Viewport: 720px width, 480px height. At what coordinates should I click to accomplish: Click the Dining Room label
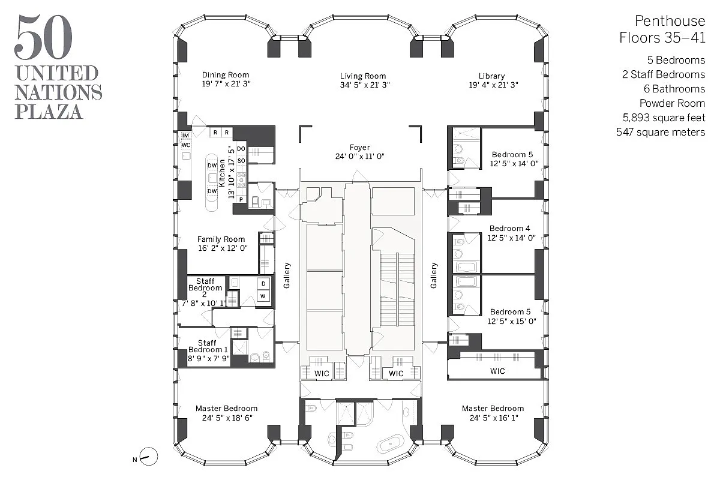click(x=226, y=76)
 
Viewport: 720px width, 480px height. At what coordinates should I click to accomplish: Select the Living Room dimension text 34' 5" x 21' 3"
click(x=363, y=85)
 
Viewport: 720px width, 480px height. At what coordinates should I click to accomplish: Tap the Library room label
click(x=491, y=76)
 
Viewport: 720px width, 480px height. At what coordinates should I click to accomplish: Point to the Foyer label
click(x=360, y=147)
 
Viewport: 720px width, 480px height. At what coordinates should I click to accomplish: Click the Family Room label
click(x=221, y=239)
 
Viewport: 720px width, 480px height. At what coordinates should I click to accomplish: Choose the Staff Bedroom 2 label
click(x=205, y=288)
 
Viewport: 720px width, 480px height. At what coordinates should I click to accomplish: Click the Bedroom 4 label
click(x=509, y=229)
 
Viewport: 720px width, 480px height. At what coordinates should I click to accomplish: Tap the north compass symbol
click(x=149, y=457)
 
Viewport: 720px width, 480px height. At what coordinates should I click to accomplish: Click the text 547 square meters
click(x=661, y=132)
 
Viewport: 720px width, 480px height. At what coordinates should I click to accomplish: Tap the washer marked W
click(x=263, y=296)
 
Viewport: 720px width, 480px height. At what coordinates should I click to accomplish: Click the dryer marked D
click(x=263, y=284)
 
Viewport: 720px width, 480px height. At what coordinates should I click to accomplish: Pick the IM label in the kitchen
click(x=185, y=136)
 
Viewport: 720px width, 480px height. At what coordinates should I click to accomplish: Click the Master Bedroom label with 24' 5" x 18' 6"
click(x=226, y=409)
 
